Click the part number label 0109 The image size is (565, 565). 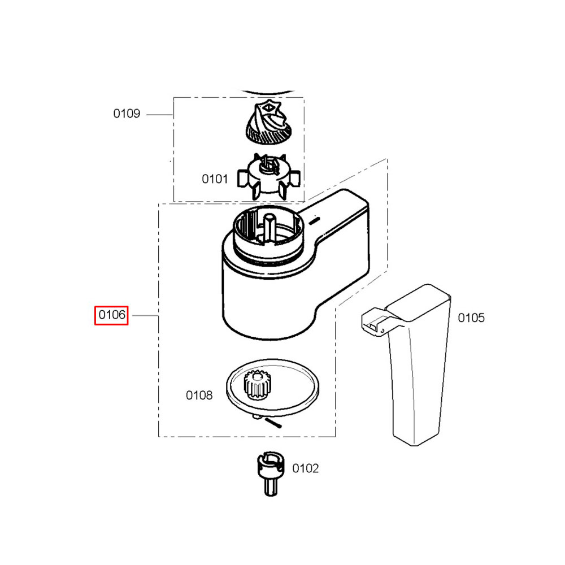(x=127, y=114)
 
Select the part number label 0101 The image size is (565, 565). (x=215, y=179)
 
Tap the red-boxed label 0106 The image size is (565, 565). (x=112, y=315)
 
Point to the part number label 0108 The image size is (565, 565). (x=199, y=395)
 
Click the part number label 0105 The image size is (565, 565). (x=471, y=318)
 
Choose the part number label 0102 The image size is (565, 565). (x=305, y=468)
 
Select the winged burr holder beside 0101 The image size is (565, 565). (x=268, y=176)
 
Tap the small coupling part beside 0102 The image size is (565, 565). (x=271, y=473)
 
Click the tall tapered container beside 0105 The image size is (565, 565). (x=418, y=364)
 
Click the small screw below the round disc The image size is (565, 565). (x=273, y=423)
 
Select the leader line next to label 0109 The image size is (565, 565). (x=160, y=115)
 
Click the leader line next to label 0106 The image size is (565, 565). (x=145, y=316)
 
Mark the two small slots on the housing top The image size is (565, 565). (x=314, y=220)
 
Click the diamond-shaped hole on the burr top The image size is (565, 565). (x=268, y=107)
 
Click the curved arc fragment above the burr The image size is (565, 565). (x=268, y=93)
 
